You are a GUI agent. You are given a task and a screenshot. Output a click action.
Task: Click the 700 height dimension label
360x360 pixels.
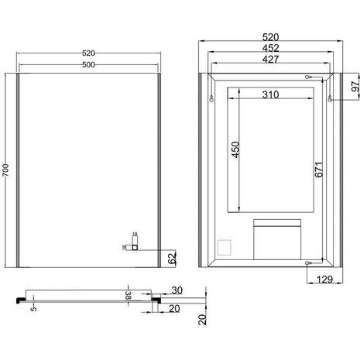click(6, 171)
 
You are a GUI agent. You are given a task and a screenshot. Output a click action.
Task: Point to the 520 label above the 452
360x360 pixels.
click(270, 36)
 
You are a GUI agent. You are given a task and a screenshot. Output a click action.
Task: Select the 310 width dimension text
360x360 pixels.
click(271, 95)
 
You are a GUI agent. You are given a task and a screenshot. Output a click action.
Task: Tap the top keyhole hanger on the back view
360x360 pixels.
click(308, 78)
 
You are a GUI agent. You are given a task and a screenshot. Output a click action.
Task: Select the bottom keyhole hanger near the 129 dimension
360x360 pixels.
click(309, 263)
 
